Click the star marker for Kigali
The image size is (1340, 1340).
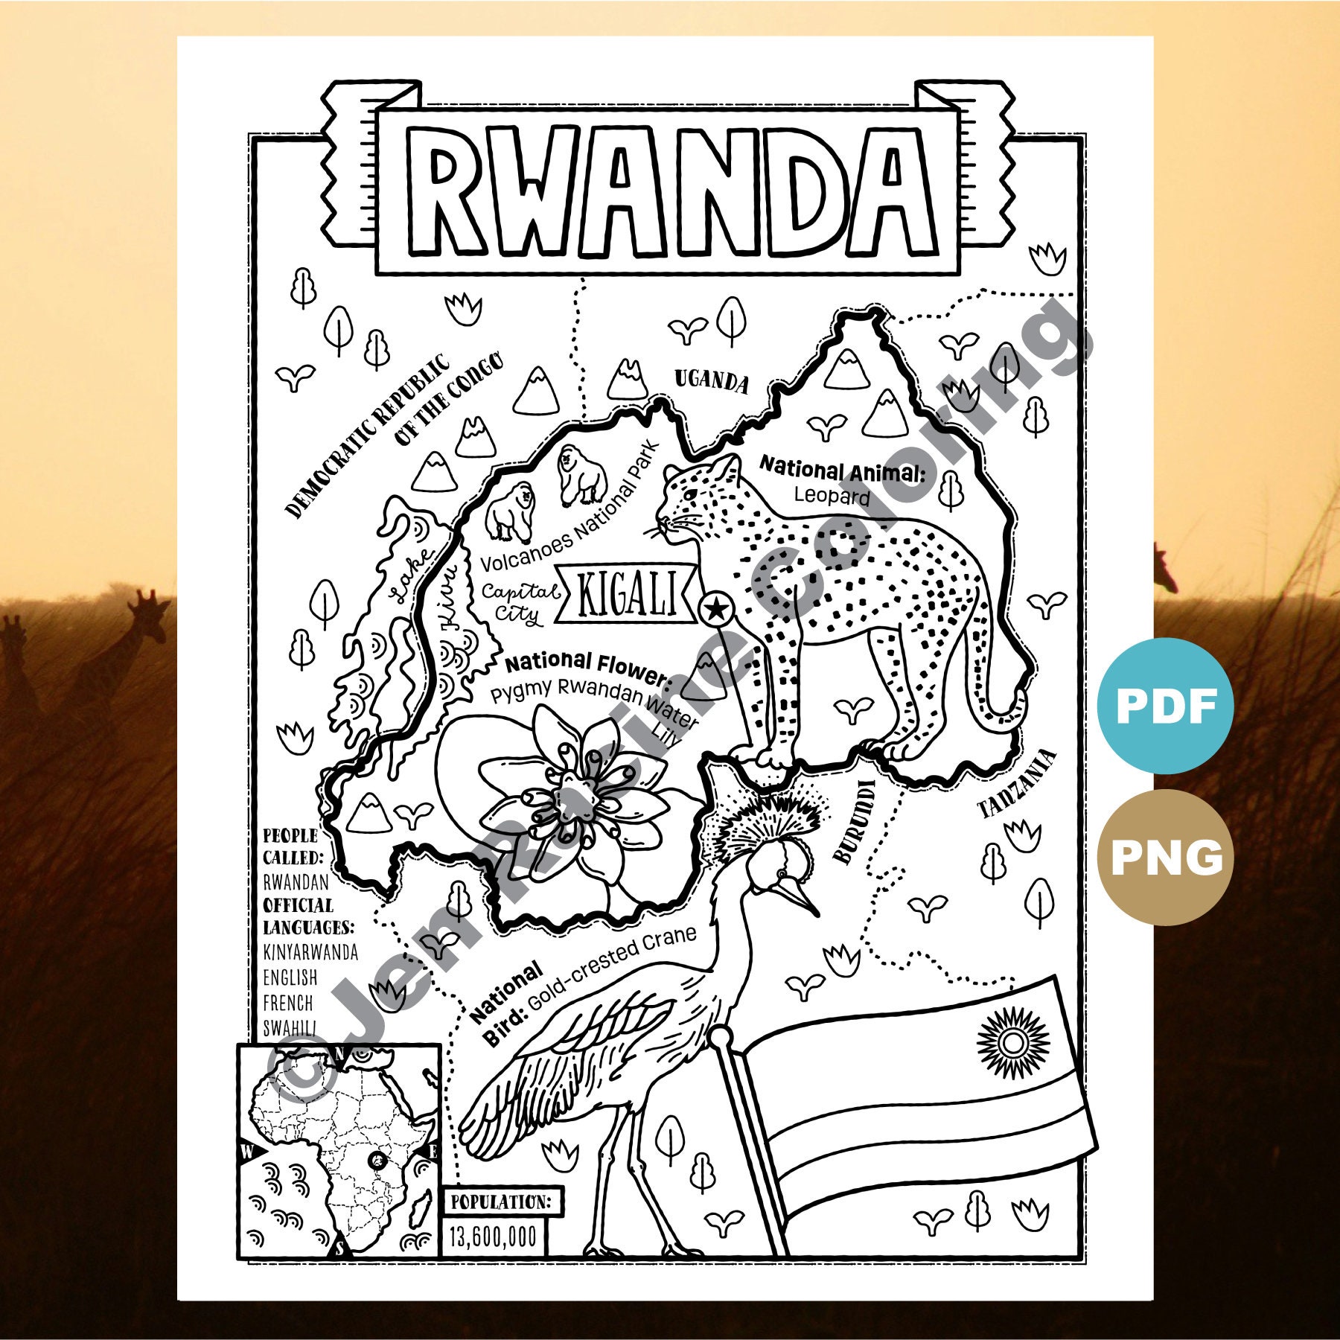click(715, 610)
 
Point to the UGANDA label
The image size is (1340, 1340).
click(711, 380)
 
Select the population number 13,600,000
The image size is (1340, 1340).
click(493, 1237)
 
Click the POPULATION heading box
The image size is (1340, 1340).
click(500, 1202)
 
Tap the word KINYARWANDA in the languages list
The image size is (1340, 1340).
click(310, 952)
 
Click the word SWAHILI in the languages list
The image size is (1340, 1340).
click(289, 1028)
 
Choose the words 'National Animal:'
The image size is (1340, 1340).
click(841, 470)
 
